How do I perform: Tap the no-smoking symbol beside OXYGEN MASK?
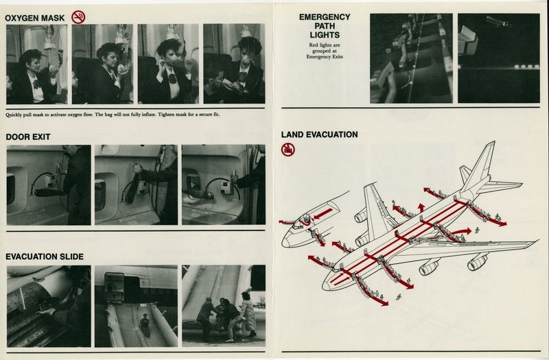80,14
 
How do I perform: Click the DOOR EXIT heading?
29,136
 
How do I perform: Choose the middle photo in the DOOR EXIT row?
136,184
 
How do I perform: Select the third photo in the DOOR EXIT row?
223,184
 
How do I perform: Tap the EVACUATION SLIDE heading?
45,256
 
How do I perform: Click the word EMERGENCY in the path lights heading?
325,17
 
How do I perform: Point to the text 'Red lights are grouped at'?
325,50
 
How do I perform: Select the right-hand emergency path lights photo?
500,58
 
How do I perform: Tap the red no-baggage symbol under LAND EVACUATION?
288,149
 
